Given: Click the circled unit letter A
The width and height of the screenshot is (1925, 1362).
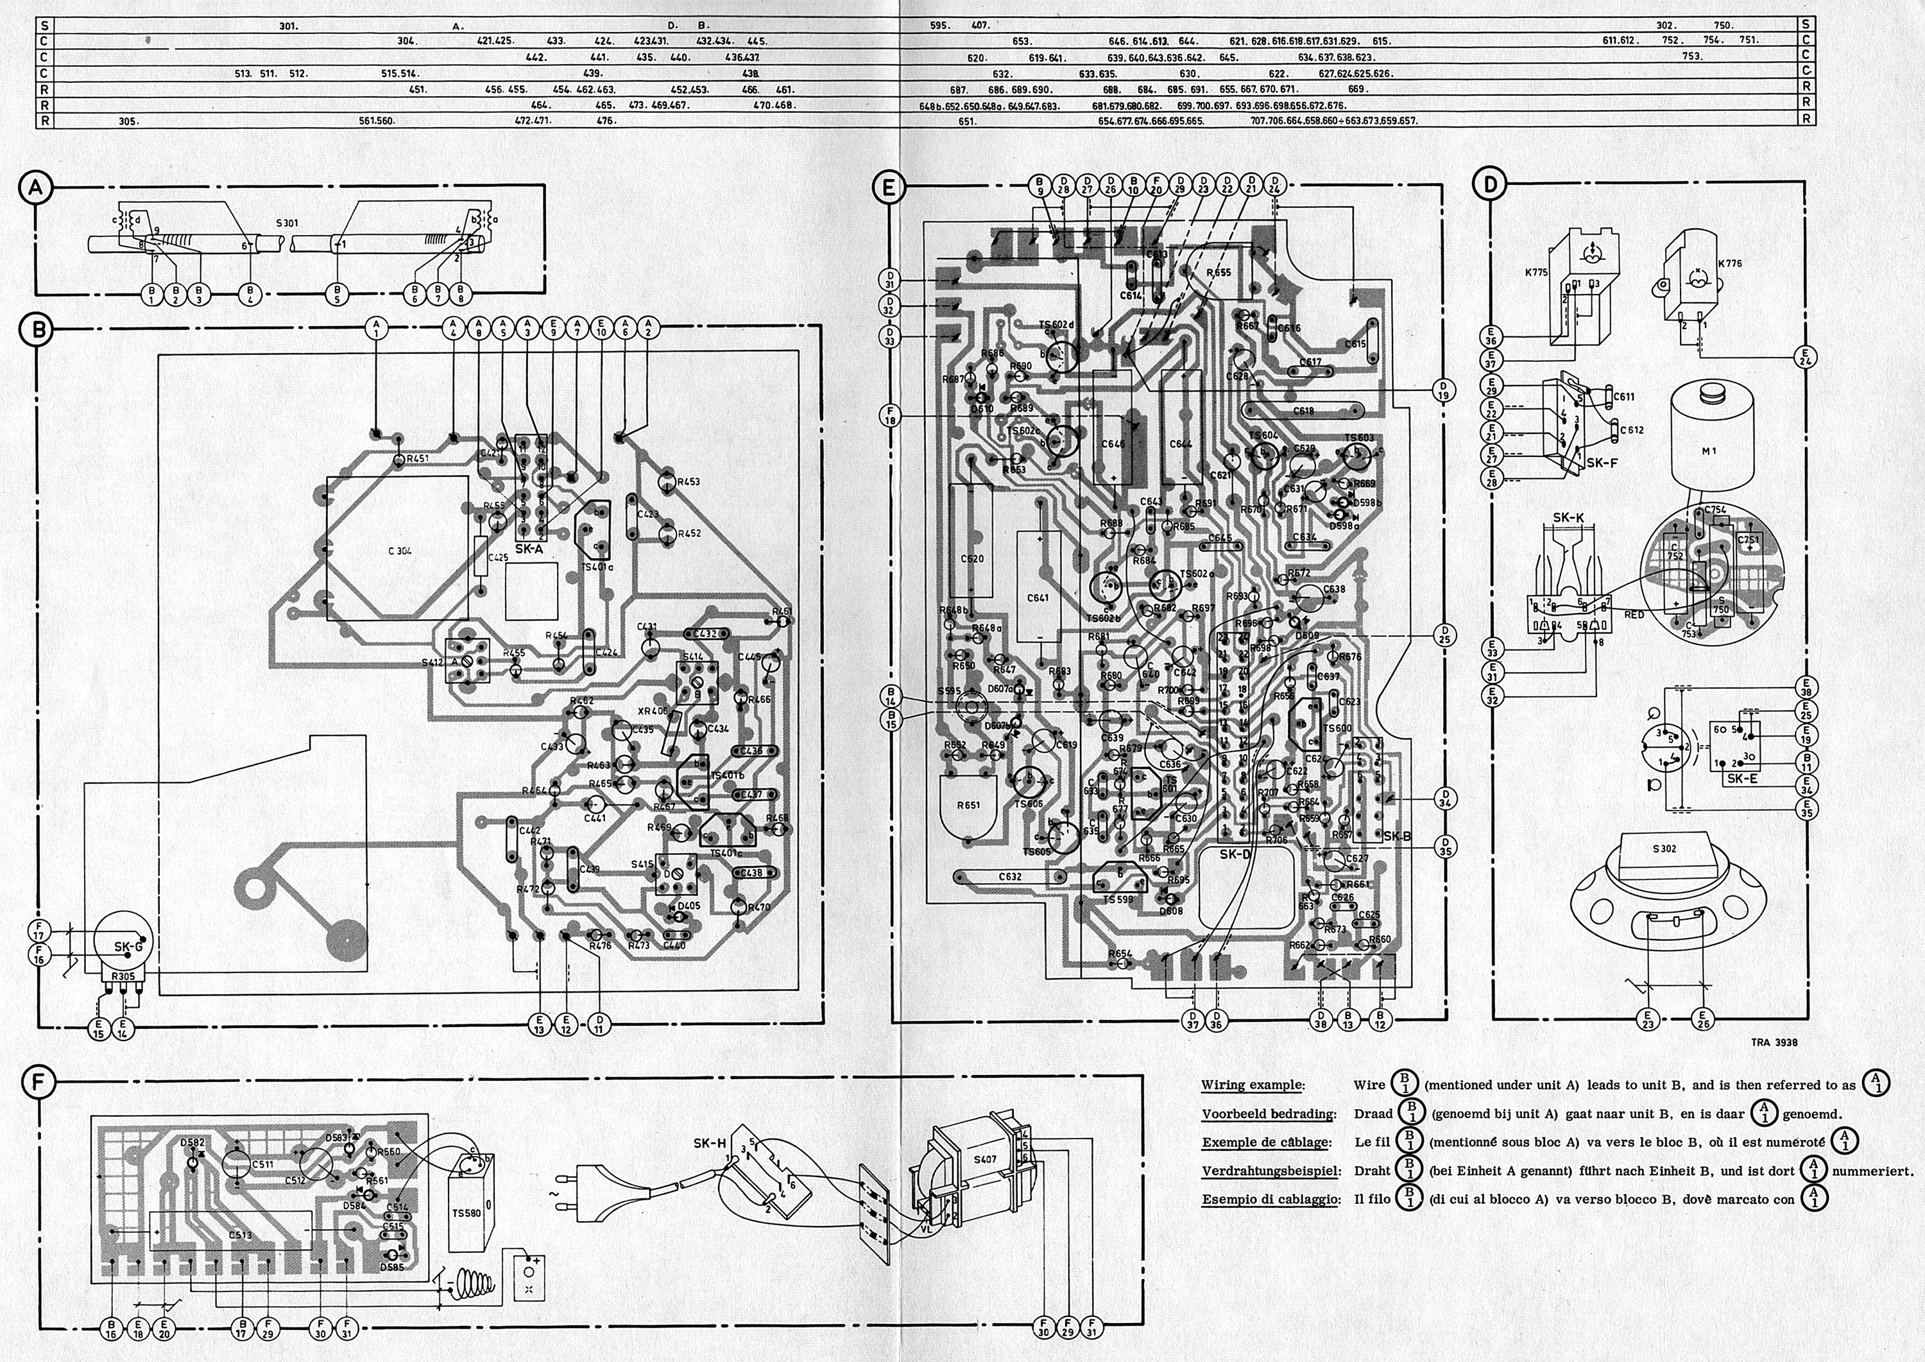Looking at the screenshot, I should pyautogui.click(x=35, y=189).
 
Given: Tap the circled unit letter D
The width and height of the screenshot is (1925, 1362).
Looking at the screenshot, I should pyautogui.click(x=1490, y=184).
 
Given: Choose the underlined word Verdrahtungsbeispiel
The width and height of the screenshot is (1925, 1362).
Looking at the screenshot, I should pyautogui.click(x=1270, y=1171).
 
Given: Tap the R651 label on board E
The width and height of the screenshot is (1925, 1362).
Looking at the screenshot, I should pyautogui.click(x=968, y=805).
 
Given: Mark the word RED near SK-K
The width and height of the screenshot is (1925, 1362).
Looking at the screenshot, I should pyautogui.click(x=1634, y=615).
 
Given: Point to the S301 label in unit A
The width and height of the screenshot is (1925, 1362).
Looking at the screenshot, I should pyautogui.click(x=287, y=224).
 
